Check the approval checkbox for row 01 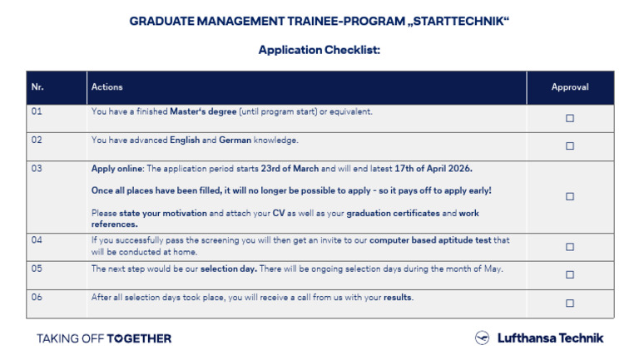(x=570, y=118)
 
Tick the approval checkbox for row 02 (x=570, y=145)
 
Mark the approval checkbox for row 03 (x=570, y=196)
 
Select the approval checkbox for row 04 (x=570, y=247)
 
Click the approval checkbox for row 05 (x=570, y=274)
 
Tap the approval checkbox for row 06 (x=570, y=303)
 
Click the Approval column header (x=570, y=86)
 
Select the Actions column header (x=106, y=86)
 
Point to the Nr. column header (x=37, y=86)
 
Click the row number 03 (x=37, y=168)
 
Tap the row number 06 (x=37, y=297)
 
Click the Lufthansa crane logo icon (x=482, y=338)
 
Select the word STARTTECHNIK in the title (x=459, y=21)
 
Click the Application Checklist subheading (x=319, y=50)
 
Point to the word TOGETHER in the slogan (x=139, y=338)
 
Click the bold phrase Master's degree (x=203, y=111)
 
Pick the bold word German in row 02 (x=235, y=140)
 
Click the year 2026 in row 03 (x=460, y=168)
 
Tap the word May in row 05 (x=493, y=269)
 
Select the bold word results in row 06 (x=398, y=297)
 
